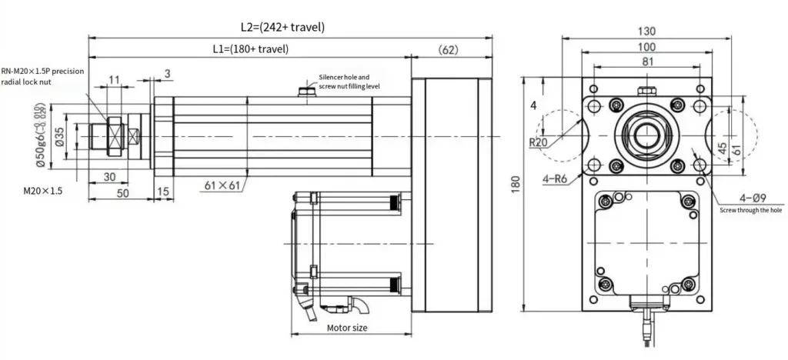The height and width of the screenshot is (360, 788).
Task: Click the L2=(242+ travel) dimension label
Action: point(282,27)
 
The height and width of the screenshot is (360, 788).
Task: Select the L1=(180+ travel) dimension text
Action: point(250,49)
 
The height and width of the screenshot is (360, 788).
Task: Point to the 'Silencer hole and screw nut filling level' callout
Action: point(350,82)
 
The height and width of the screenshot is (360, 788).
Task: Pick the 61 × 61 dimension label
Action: point(224,185)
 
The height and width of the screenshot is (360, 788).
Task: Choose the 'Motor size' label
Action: point(347,328)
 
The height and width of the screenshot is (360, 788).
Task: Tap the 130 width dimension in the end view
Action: point(646,32)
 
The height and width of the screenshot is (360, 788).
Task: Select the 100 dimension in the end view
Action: point(646,48)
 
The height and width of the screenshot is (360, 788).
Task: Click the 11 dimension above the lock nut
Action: point(114,79)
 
